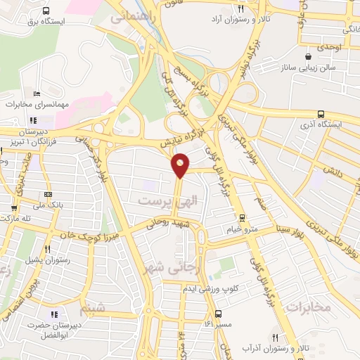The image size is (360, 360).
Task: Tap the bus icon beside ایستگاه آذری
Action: point(321,114)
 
